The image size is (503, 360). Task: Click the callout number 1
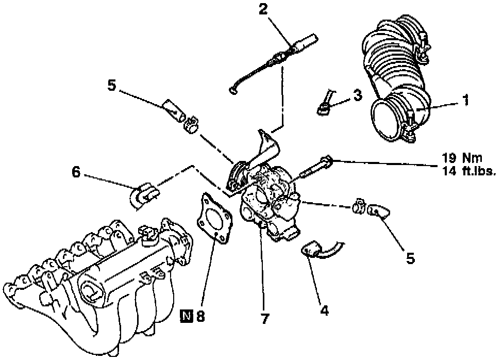[x=466, y=100]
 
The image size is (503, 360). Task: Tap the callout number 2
[x=263, y=9]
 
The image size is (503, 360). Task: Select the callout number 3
[x=358, y=95]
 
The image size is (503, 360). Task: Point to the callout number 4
[x=324, y=310]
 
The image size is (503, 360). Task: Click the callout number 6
[x=76, y=172]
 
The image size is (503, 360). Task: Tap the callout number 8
[x=200, y=316]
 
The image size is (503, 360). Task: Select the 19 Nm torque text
[x=462, y=158]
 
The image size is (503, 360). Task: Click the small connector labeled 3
[x=325, y=103]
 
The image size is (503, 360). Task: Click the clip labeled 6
[x=144, y=196]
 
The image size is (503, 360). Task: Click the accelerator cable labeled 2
[x=273, y=62]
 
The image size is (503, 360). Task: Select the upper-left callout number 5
[x=112, y=86]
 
